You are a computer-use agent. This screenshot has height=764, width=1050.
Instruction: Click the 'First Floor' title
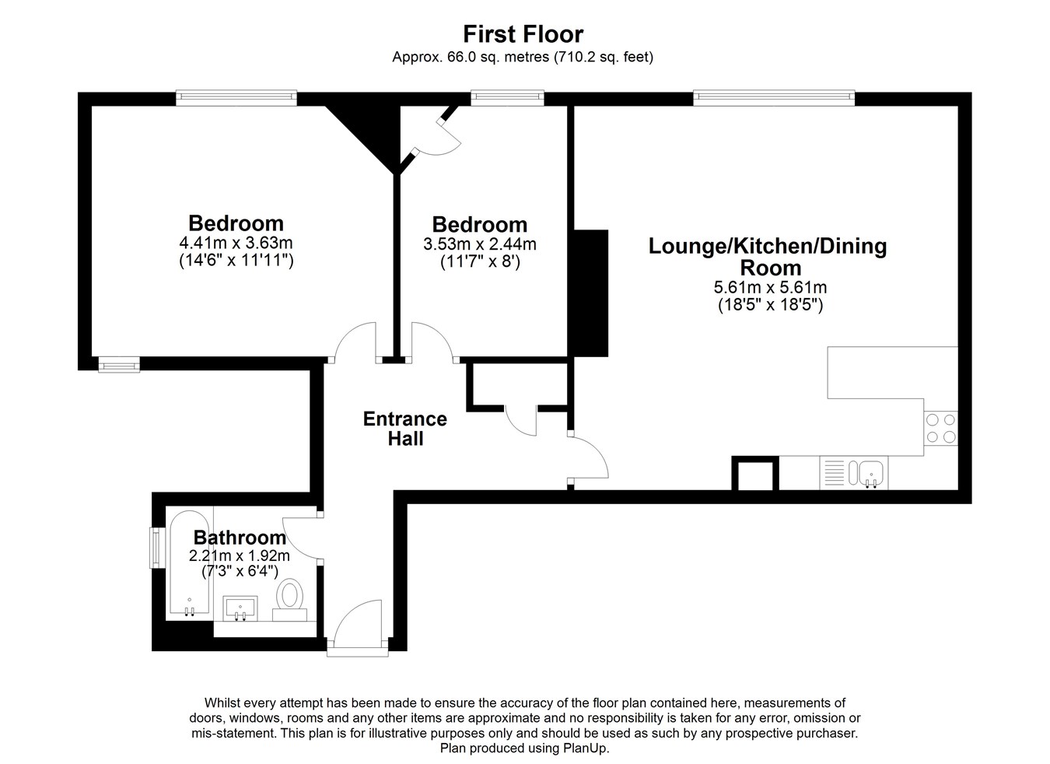coord(523,34)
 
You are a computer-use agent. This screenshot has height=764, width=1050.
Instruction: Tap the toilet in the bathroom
coord(289,601)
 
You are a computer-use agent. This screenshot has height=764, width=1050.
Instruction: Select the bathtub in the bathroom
coord(189,562)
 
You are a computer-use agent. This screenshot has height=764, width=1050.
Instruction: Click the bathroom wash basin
coord(240,608)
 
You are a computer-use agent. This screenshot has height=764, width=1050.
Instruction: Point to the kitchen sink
coord(854,473)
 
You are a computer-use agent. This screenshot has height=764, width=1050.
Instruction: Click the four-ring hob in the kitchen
coord(940,428)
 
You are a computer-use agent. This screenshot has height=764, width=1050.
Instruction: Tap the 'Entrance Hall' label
coord(405,429)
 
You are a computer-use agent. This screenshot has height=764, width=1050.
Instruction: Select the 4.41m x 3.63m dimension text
coord(236,243)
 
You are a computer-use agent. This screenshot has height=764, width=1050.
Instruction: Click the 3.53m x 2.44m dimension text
coord(480,244)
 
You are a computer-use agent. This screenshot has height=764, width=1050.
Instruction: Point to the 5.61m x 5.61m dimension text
coord(770,287)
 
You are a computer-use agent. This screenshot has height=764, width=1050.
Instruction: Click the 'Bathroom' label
coord(240,538)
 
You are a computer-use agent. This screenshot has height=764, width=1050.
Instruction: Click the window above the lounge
coord(774,97)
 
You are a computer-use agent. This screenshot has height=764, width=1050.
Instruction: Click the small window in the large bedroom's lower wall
coord(119,365)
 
